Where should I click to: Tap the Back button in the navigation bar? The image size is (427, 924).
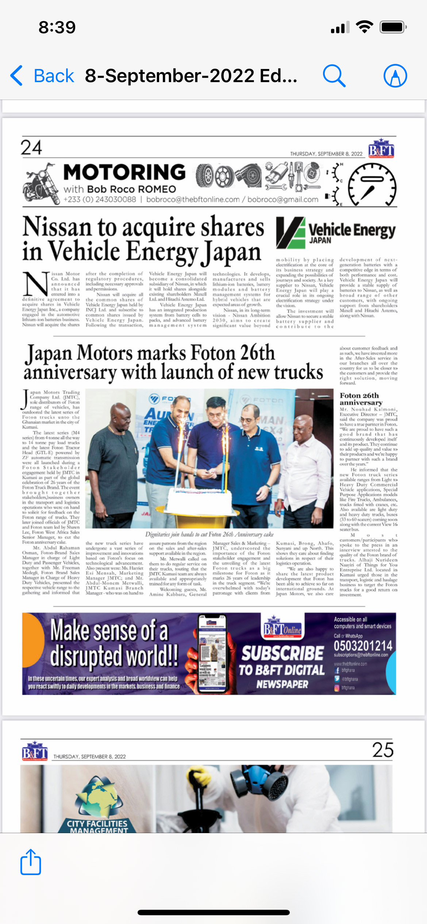42,76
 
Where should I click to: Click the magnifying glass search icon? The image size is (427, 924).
334,76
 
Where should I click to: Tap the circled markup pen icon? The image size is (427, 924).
395,76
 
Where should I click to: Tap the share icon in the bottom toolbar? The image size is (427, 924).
31,862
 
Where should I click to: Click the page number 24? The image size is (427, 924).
31,148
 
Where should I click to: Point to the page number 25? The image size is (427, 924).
382,750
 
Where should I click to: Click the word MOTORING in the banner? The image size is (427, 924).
124,172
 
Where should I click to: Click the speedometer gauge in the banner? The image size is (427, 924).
372,184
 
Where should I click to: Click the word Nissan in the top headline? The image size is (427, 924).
57,227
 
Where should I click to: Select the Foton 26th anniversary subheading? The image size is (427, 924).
361,399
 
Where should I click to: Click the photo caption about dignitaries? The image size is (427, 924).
209,534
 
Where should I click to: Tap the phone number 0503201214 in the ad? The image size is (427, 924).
363,646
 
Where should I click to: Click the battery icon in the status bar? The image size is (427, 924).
392,27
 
